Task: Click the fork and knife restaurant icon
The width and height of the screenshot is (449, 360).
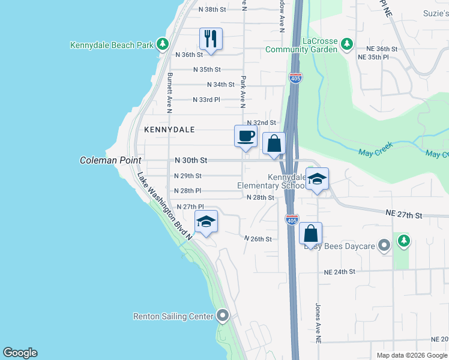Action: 211,40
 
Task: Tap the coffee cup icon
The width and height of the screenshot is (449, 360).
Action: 245,136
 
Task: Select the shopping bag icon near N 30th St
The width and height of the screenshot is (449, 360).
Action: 274,144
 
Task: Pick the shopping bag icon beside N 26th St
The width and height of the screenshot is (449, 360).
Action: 311,233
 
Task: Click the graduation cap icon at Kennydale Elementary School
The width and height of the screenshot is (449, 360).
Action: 318,179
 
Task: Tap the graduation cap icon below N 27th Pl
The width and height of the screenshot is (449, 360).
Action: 206,222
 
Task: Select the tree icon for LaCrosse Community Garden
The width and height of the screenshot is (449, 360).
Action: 346,44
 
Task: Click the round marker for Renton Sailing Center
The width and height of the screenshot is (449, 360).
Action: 223,316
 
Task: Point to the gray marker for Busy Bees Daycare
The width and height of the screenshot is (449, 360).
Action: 385,245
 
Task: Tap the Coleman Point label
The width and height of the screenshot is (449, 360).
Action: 110,161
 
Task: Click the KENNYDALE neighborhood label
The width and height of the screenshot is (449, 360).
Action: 165,129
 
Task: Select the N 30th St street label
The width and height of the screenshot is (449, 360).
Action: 190,161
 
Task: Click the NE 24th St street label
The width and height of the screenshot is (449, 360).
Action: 340,272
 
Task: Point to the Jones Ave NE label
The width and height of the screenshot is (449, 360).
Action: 318,322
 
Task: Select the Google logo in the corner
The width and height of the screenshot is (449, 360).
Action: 20,353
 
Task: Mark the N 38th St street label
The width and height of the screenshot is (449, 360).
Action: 212,10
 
